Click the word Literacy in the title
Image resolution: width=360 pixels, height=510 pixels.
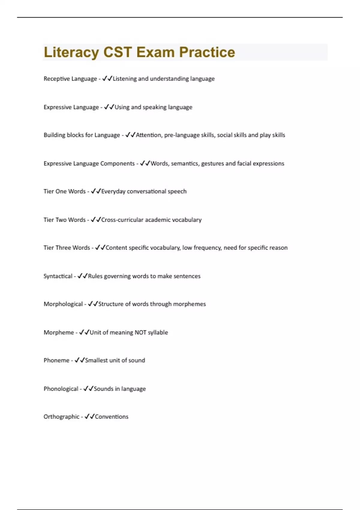tap(71, 52)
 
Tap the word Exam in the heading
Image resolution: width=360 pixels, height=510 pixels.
tap(155, 52)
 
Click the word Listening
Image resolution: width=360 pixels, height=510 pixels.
tap(124, 79)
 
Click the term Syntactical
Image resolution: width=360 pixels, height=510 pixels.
tap(58, 276)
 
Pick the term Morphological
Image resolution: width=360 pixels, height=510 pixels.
tap(63, 304)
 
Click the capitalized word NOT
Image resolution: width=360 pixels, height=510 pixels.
tap(140, 332)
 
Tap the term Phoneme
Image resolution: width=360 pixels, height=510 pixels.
tap(56, 360)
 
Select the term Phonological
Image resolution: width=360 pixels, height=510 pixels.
tap(61, 389)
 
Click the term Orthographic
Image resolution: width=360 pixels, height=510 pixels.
tap(61, 417)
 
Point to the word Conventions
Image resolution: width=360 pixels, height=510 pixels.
tap(112, 417)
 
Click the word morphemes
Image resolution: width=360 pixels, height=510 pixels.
tap(189, 304)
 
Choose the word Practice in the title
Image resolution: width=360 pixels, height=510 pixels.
tap(207, 52)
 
